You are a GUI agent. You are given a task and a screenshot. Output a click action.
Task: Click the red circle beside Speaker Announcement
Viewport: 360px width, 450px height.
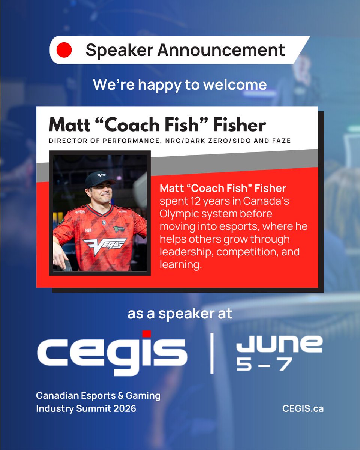click(x=64, y=50)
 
